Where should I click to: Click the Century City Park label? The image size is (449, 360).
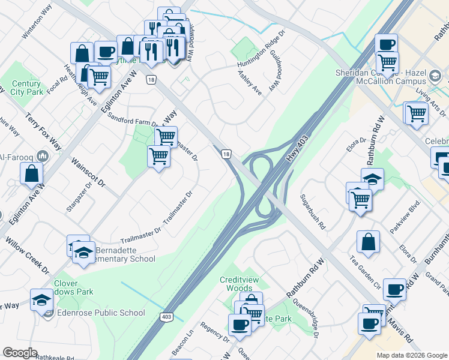tap(26, 88)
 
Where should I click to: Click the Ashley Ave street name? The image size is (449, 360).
tap(250, 83)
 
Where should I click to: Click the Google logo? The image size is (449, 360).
tap(20, 353)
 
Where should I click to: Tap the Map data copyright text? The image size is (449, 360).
tap(412, 355)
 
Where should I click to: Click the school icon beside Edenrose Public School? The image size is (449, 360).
tap(41, 299)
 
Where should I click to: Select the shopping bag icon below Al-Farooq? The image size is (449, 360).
tap(31, 174)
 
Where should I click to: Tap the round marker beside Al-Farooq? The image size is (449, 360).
tap(42, 156)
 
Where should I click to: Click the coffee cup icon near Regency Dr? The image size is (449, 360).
tap(240, 325)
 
